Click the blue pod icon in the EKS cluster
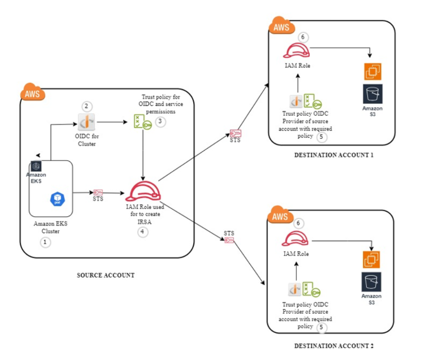(x=57, y=199)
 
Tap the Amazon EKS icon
(x=36, y=166)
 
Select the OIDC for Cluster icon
(x=86, y=122)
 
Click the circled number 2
(x=87, y=106)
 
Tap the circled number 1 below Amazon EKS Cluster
(x=45, y=242)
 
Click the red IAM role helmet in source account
(x=143, y=192)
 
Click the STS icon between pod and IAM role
(x=98, y=192)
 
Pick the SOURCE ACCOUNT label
(x=106, y=275)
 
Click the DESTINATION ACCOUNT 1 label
(x=334, y=155)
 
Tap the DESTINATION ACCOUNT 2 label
(x=334, y=346)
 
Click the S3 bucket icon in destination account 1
(x=372, y=94)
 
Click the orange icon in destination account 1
(x=372, y=72)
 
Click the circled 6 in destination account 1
(x=303, y=37)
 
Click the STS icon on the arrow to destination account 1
(x=235, y=133)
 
